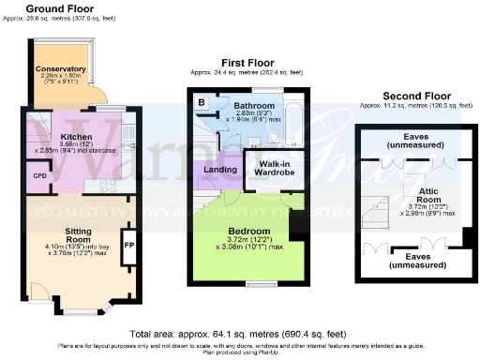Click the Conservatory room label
pos(60,69)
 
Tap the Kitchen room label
pos(75,137)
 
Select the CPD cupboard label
pos(39,174)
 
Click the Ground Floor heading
pos(58,9)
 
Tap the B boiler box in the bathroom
pos(202,101)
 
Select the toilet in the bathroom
pos(270,137)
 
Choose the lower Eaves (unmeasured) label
pos(424,258)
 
